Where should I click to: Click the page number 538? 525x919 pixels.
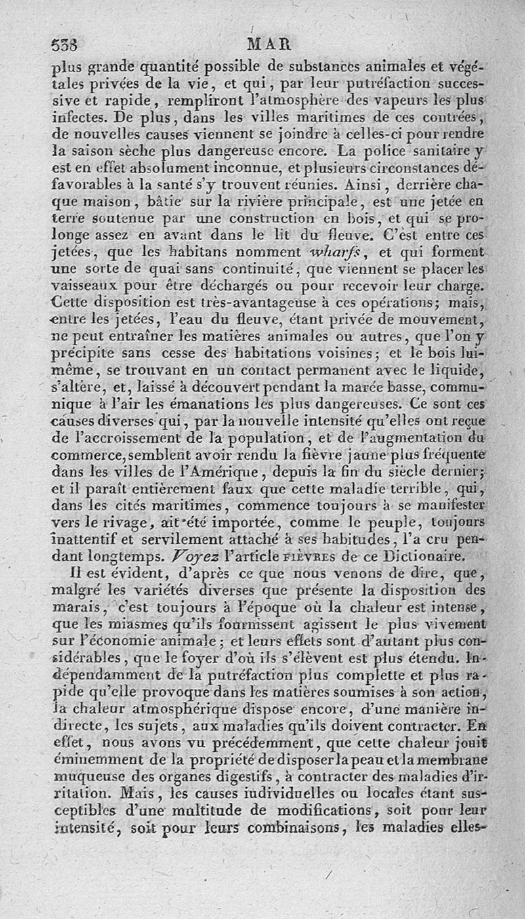tap(64, 45)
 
